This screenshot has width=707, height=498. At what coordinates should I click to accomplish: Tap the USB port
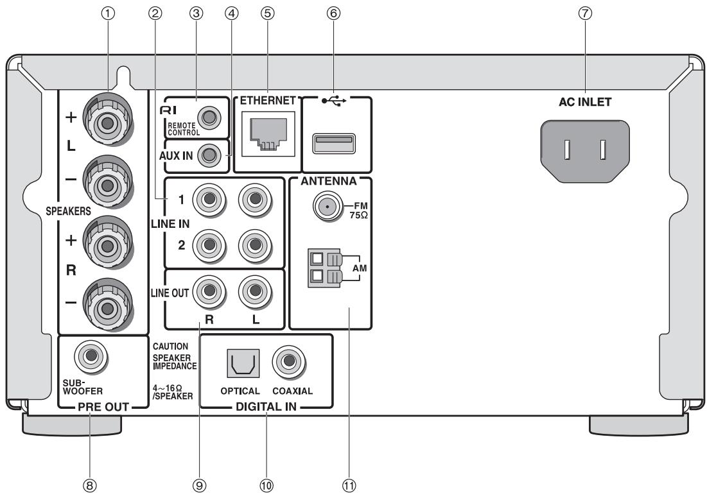334,143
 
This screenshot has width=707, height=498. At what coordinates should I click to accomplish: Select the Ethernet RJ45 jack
268,133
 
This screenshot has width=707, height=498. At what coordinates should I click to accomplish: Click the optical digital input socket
243,363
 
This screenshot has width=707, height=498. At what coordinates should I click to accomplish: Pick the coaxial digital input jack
289,362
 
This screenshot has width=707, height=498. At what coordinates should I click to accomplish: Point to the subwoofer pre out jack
91,356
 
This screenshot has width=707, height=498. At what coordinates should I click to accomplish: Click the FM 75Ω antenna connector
327,207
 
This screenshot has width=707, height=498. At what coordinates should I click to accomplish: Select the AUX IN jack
209,155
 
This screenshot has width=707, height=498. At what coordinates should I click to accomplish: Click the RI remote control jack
209,118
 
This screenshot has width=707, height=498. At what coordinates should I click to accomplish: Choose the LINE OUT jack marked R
209,291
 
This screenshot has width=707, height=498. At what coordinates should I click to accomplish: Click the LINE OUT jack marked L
255,291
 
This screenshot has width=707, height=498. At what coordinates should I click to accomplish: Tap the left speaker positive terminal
108,123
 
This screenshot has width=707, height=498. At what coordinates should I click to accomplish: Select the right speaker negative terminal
107,308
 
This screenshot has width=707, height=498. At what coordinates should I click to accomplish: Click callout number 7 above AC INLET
585,13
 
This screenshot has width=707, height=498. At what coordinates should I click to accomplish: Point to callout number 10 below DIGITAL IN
266,485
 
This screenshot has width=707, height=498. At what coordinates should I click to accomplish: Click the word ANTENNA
329,181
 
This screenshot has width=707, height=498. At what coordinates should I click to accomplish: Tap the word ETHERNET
268,100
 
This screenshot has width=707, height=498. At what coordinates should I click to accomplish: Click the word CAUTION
170,347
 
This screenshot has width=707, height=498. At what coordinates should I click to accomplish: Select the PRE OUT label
103,407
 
